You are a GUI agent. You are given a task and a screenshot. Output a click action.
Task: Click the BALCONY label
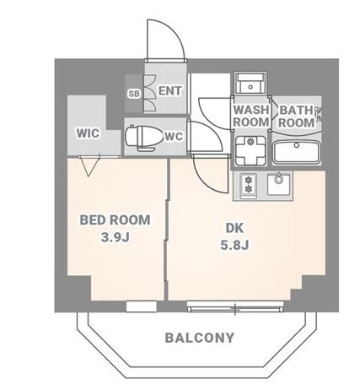tap(200, 338)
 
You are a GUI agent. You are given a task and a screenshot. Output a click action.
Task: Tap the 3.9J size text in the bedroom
tap(115, 238)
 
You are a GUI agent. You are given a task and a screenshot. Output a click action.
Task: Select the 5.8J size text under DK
tap(234, 246)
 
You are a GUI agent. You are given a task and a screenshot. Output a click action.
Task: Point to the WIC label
tap(88, 133)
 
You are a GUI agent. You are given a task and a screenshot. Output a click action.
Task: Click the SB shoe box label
tap(134, 94)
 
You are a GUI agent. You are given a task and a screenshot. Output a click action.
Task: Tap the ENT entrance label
tap(170, 91)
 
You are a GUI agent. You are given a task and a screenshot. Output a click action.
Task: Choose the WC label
tap(174, 137)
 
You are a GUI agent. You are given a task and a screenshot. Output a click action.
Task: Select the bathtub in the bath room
tap(297, 152)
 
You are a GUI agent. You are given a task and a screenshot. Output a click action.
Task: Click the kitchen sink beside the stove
tap(278, 183)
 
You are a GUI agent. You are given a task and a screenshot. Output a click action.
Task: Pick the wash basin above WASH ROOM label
tap(250, 84)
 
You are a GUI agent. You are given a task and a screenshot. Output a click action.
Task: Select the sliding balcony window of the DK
tap(235, 306)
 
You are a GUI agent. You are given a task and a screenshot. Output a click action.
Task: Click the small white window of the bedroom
tap(141, 306)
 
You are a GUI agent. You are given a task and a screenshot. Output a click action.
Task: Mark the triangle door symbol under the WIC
tap(89, 166)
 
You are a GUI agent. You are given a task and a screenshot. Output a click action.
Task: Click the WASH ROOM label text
tap(251, 116)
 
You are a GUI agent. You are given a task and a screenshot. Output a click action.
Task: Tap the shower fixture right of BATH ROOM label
tap(319, 114)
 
